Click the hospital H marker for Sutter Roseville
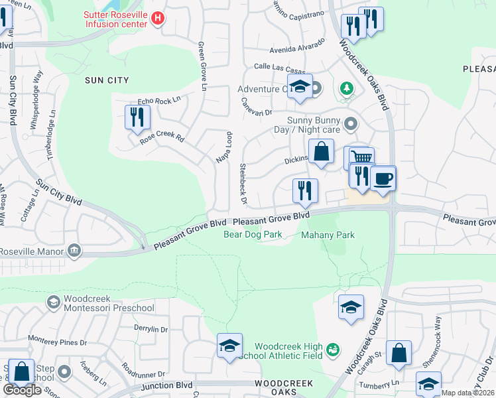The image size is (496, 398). [157, 19]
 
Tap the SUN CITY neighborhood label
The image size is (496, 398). [107, 80]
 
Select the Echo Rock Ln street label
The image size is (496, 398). [158, 101]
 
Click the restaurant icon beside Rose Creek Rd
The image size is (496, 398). [137, 117]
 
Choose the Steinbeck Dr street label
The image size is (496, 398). [243, 183]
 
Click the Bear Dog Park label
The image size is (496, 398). [253, 234]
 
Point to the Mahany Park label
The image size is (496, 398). [328, 235]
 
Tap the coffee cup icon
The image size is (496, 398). [383, 178]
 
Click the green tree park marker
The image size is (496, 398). [345, 88]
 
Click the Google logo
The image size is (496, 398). [22, 390]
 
